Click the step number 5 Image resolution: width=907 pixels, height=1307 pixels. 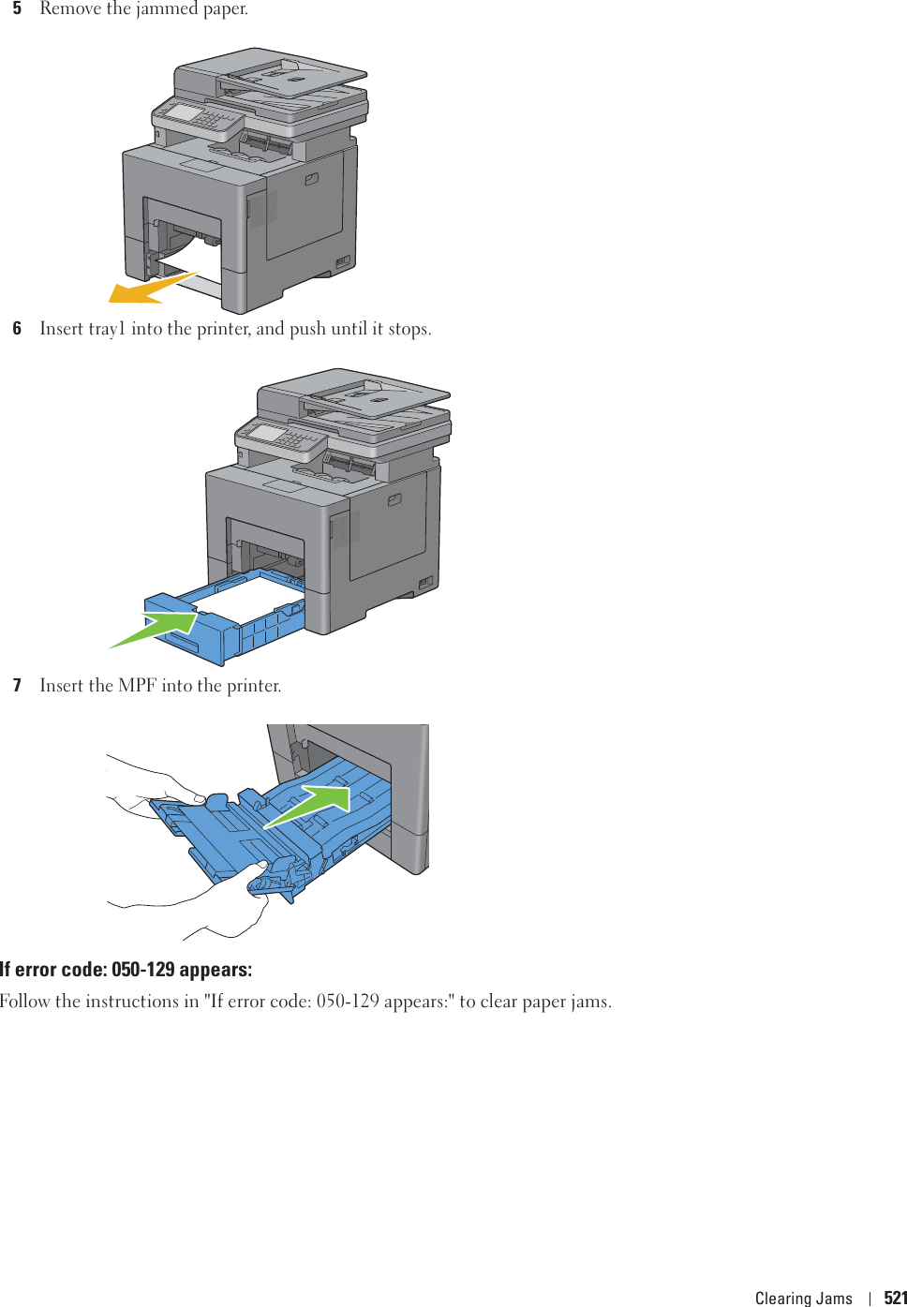click(17, 8)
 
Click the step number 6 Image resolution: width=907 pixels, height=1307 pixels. click(17, 329)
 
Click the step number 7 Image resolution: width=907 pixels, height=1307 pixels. click(17, 686)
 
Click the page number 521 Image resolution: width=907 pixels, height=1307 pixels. click(895, 1298)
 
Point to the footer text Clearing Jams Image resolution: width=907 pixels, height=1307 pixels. click(803, 1298)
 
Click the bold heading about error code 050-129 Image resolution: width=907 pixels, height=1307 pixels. click(126, 970)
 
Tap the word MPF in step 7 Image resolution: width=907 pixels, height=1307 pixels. click(137, 686)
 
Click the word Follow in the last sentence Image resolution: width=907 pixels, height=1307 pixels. click(25, 1002)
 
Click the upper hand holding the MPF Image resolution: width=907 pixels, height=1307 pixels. click(159, 787)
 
